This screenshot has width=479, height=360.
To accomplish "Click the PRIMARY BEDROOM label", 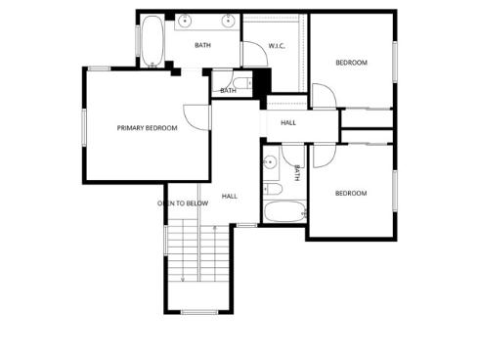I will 147,128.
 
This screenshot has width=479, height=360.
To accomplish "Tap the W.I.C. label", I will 278,46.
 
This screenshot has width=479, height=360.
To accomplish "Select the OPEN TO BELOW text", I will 183,203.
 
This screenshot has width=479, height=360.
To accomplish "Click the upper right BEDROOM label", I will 351,63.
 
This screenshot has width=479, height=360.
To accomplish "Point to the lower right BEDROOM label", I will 351,193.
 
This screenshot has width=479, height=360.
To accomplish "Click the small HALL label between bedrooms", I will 288,122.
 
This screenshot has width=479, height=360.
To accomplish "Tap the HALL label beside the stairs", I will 230,196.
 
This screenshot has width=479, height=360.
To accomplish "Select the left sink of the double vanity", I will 186,20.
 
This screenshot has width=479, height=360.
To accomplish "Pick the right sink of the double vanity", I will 229,20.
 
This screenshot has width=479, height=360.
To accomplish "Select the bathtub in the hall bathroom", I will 284,210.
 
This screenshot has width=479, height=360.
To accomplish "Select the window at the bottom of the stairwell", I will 198,311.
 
